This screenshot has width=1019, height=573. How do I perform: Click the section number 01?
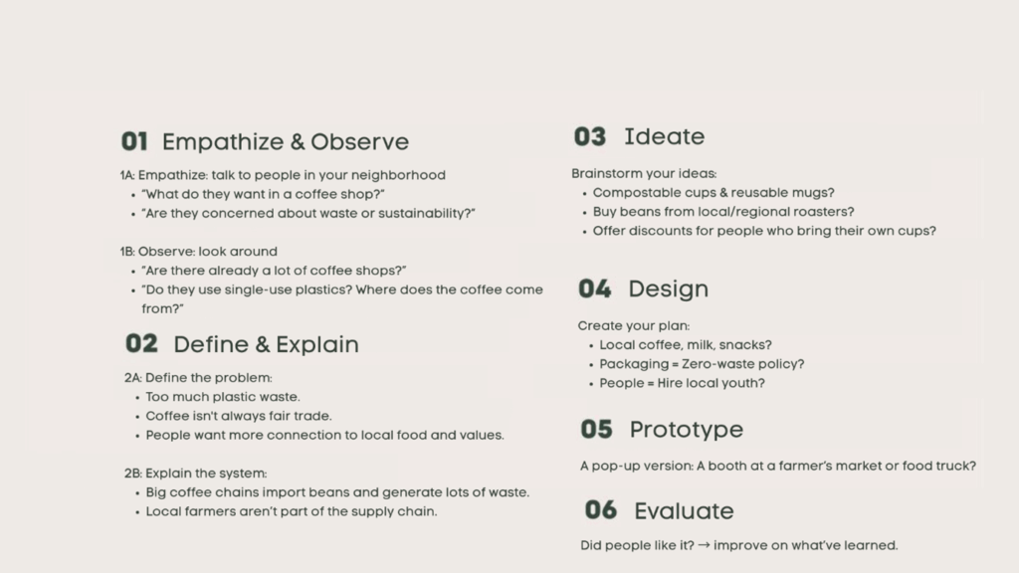(134, 141)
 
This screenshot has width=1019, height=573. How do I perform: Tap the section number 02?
(141, 343)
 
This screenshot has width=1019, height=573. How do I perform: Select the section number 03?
(590, 136)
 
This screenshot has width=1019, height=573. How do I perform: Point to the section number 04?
(595, 289)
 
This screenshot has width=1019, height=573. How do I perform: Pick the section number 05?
(597, 430)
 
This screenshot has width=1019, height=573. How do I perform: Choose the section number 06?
(600, 510)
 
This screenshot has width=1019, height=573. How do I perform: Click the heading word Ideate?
(664, 136)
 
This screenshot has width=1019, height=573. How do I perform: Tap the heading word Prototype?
(687, 430)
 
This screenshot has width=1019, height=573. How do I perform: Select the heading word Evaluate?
(684, 511)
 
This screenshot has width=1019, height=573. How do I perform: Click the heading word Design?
(668, 289)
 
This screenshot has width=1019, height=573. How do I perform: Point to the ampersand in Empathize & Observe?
(297, 142)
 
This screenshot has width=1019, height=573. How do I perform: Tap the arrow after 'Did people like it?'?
(704, 545)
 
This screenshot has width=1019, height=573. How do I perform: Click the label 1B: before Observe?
(127, 252)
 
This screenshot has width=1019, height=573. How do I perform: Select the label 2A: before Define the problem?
(133, 377)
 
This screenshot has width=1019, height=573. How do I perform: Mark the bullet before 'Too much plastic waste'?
(137, 398)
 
